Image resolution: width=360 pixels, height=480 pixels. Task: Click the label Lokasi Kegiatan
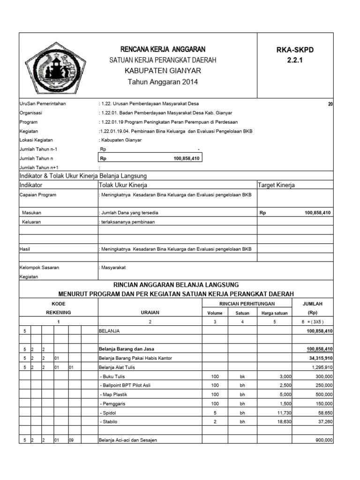coord(36,140)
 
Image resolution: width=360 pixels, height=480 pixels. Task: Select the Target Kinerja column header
coord(277,185)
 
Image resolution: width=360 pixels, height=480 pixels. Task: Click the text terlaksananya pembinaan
coord(127,222)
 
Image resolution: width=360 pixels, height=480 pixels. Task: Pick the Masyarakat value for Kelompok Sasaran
coord(113,267)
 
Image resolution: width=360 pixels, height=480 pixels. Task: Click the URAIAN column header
coord(150,312)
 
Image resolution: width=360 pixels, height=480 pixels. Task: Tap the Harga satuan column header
coord(275,313)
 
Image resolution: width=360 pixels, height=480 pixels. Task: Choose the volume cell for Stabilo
coord(215,422)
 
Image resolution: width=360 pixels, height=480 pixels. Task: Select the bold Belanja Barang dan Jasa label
coord(127,349)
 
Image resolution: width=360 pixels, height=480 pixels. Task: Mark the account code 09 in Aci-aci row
coord(72,440)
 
